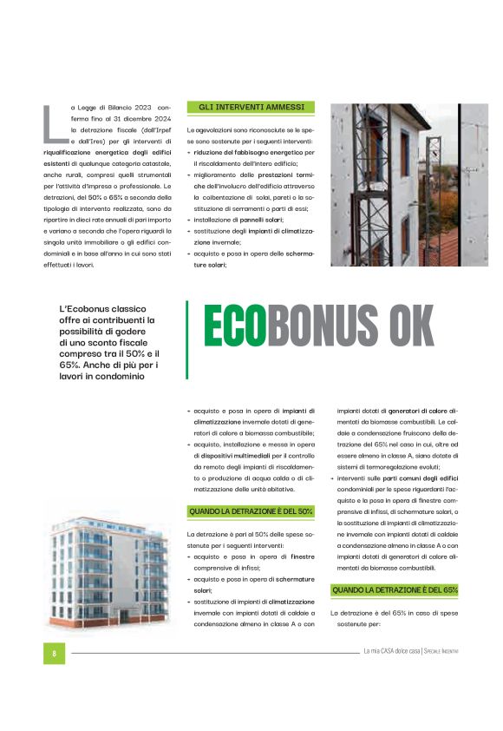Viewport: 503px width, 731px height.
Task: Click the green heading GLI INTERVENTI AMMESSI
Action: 251,108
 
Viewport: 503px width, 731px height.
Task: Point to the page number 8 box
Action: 54,652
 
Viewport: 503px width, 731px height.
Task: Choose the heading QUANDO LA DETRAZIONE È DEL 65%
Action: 395,590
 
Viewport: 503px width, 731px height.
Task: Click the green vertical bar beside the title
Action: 186,339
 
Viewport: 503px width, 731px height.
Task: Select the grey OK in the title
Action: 411,327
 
